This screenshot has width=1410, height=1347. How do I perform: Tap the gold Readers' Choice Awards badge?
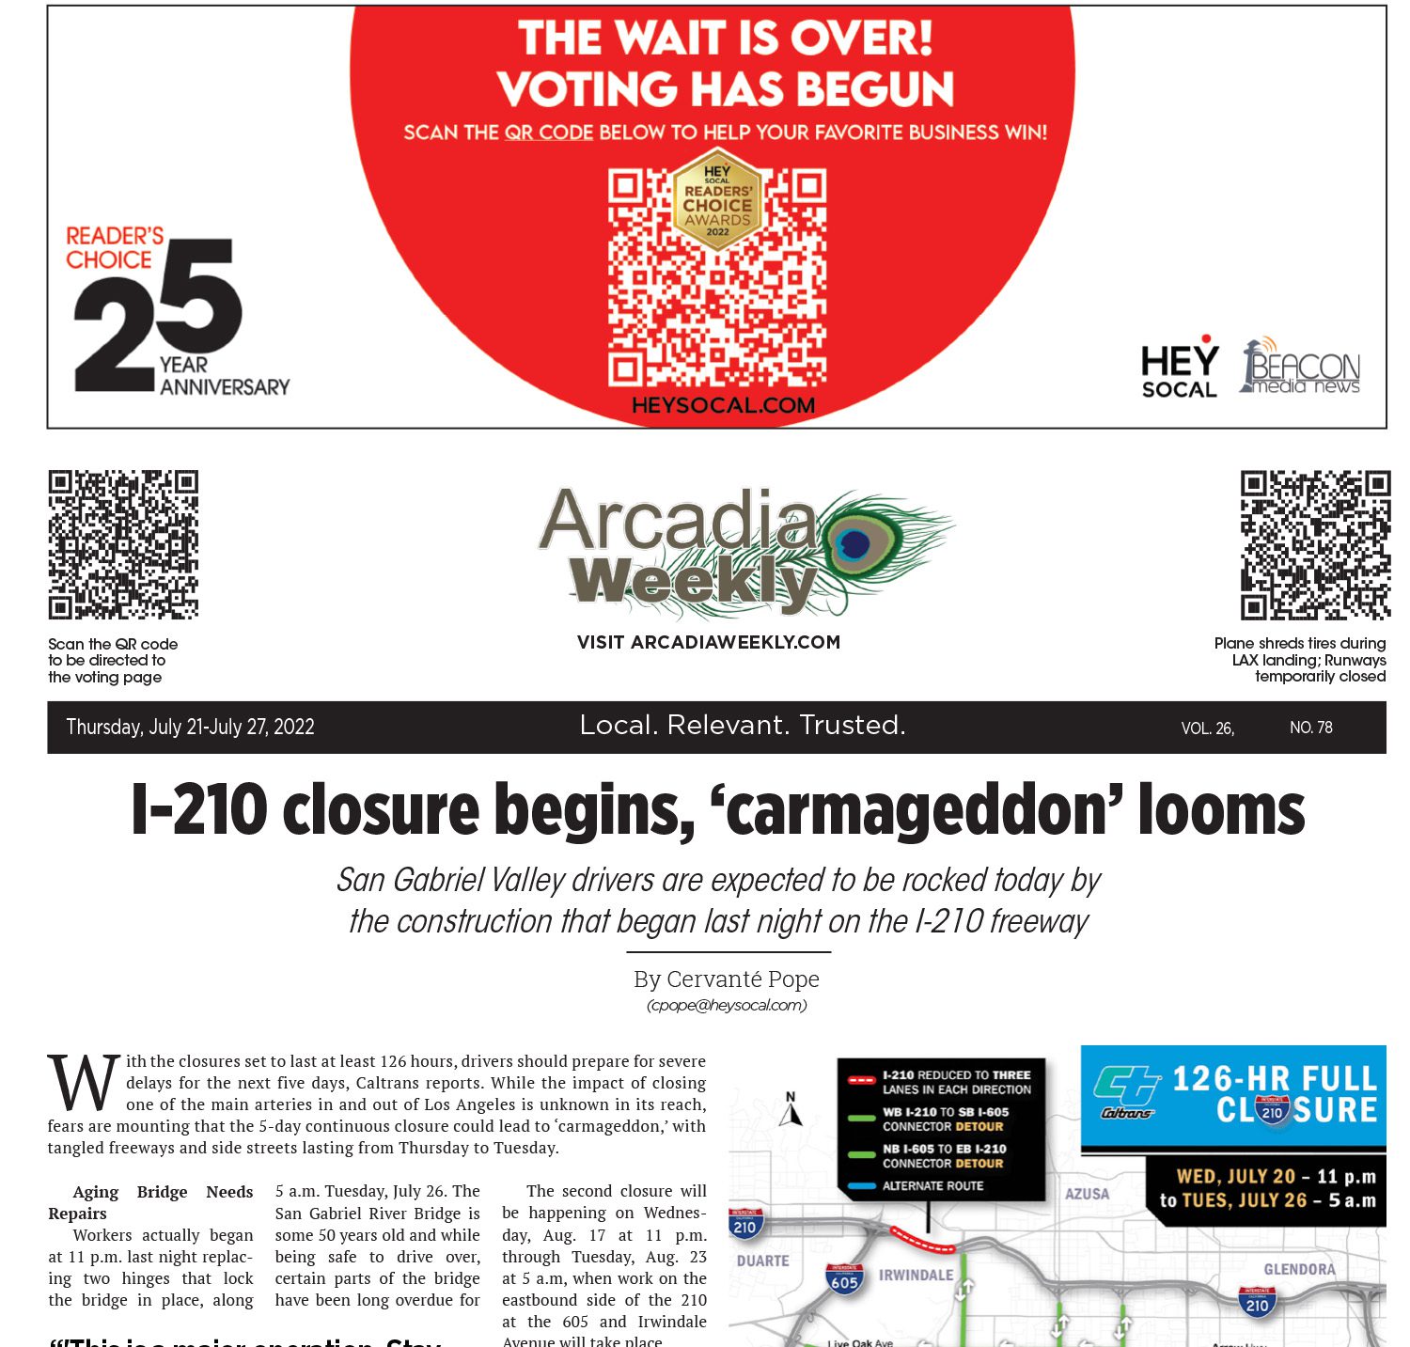click(717, 200)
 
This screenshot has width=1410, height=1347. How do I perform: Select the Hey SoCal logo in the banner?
click(1179, 368)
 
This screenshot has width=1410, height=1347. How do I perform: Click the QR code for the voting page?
click(123, 544)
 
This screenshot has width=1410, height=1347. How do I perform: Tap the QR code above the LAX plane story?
click(1314, 544)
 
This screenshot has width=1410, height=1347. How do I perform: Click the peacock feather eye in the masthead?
click(855, 543)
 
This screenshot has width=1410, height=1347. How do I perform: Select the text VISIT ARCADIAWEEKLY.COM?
click(708, 642)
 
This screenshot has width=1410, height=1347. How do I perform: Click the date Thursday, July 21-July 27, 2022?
click(190, 727)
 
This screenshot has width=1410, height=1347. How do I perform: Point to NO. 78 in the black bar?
click(1310, 728)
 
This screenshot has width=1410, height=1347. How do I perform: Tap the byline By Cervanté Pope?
click(726, 979)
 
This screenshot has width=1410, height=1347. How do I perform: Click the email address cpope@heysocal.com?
click(726, 1005)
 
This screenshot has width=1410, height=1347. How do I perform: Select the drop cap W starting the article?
click(83, 1083)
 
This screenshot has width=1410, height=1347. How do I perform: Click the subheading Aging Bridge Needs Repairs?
click(150, 1202)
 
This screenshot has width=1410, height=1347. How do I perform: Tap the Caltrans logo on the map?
click(1127, 1093)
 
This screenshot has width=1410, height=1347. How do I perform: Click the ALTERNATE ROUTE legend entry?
click(932, 1186)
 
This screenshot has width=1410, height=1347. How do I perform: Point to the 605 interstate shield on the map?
click(843, 1278)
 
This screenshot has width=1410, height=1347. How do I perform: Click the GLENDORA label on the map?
click(1299, 1269)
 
